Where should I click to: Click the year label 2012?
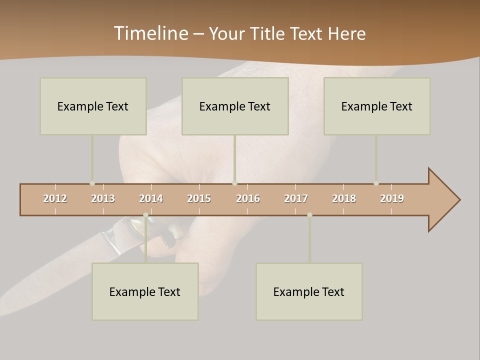(55, 198)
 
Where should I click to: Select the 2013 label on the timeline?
(103, 198)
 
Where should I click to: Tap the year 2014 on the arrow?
(151, 198)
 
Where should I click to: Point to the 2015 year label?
(199, 198)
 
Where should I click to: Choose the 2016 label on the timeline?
(248, 198)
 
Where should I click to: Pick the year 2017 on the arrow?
(296, 198)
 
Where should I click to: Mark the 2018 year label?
(344, 198)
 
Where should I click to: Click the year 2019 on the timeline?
(392, 198)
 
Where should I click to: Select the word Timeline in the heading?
(150, 33)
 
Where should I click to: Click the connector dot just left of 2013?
(92, 183)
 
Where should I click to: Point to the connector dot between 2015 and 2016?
(234, 183)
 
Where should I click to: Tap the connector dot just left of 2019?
(376, 183)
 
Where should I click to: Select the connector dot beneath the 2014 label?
(145, 215)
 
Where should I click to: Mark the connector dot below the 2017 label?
(309, 215)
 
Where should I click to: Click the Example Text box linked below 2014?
(145, 291)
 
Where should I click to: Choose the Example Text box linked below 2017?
(309, 291)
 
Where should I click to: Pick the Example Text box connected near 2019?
(376, 106)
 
